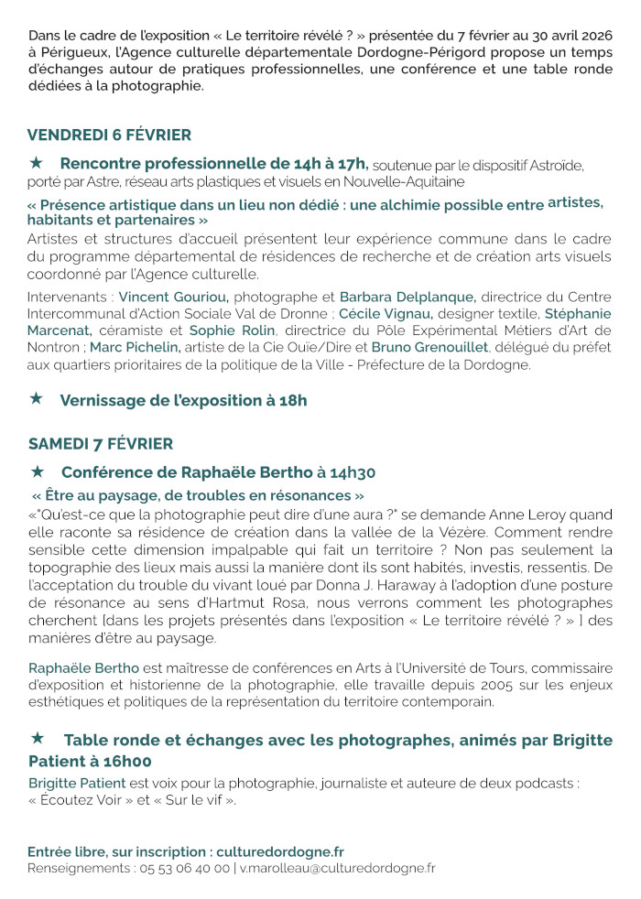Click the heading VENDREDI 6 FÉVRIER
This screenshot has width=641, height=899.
109,135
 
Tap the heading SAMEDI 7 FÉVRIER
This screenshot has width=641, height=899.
100,444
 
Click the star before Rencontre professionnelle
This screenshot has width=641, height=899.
37,162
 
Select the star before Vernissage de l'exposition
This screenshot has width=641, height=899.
37,398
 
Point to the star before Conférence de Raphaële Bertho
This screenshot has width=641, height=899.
38,471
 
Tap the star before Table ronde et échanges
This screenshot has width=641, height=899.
38,737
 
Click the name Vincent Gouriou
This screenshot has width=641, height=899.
173,297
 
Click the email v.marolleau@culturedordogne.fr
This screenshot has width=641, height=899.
338,868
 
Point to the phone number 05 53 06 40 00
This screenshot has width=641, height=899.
183,868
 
